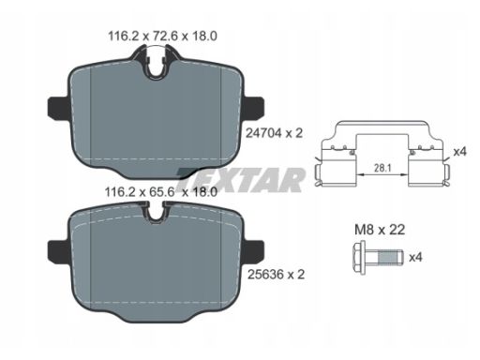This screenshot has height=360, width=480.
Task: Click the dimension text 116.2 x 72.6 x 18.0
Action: tap(162, 37)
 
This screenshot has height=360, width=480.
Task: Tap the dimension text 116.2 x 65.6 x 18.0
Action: tap(160, 191)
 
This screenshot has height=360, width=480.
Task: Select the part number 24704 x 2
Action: tap(275, 133)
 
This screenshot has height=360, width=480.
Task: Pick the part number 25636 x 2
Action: tap(276, 275)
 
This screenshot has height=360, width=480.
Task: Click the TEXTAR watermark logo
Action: tap(240, 180)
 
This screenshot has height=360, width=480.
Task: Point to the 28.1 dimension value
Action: tap(382, 169)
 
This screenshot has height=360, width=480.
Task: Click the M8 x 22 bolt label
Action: tap(380, 230)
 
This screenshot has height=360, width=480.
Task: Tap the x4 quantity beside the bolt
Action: tap(415, 258)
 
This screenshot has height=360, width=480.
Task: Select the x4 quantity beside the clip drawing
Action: tap(459, 152)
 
